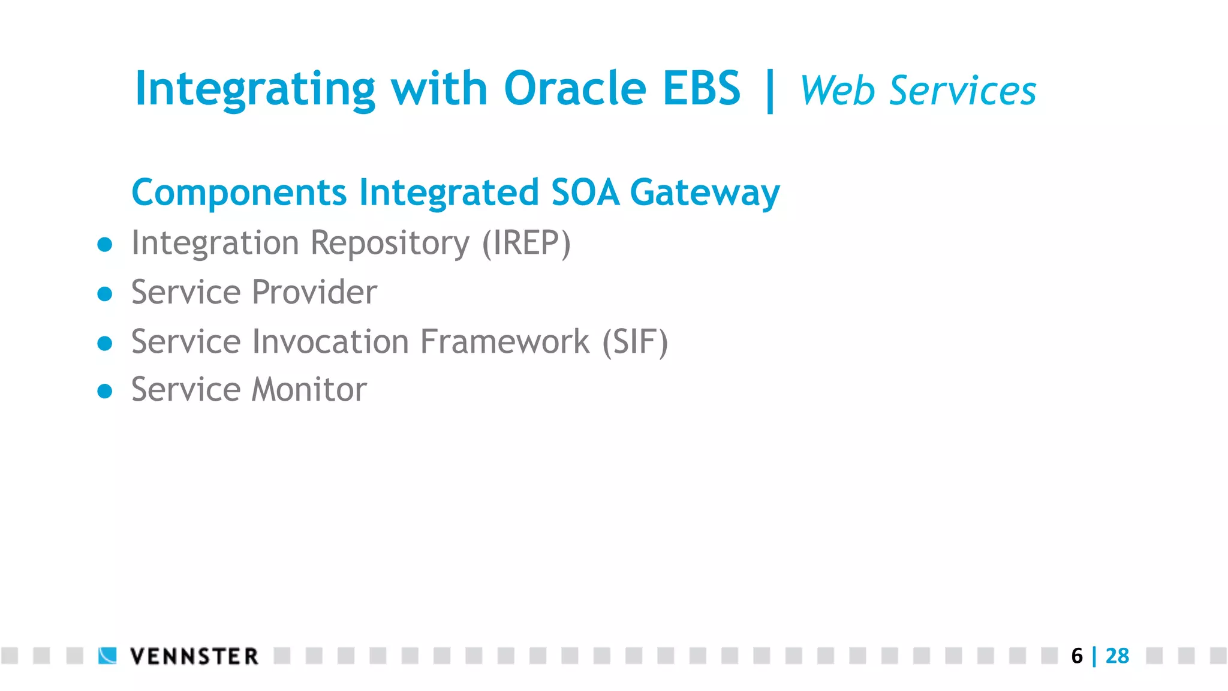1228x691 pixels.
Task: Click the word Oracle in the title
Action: pos(574,89)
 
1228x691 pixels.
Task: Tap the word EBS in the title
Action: pos(701,89)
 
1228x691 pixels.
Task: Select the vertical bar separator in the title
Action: pos(770,91)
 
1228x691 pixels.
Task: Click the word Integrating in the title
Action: pos(255,90)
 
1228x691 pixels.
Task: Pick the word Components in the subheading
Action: pos(239,193)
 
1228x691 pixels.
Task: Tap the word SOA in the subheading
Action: pos(585,193)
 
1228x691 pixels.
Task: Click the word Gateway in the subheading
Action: pos(705,194)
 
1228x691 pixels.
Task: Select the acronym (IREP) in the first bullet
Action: pos(526,243)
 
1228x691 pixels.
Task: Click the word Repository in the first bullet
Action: pos(390,244)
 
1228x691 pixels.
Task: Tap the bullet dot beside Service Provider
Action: pos(105,294)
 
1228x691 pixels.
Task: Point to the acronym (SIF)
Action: pos(634,342)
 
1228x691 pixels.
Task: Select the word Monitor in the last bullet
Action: pos(309,390)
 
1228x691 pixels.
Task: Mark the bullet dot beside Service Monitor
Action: pos(105,391)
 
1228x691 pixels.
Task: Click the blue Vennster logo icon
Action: pos(107,656)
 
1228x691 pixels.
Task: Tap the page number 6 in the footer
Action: pos(1076,656)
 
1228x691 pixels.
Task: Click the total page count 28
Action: pos(1117,656)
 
